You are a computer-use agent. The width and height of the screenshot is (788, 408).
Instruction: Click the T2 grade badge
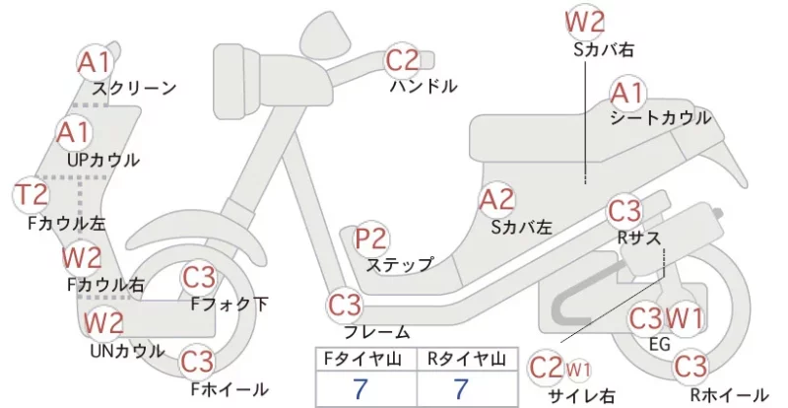coord(32,195)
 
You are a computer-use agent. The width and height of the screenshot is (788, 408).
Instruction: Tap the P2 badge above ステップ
coord(372,238)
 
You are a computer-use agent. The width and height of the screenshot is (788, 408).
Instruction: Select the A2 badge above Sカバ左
coord(496,200)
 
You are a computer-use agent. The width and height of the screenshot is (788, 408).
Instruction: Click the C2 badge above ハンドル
coord(402,60)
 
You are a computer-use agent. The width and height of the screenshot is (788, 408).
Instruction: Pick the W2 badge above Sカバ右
coord(584,22)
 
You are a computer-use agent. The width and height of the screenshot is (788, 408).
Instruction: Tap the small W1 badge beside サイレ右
coord(578,371)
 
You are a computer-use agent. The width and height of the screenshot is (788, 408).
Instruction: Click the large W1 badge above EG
coord(685,318)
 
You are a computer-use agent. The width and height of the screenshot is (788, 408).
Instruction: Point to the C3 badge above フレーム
coord(345,306)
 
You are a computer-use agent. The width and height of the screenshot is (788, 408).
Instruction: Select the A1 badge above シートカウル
coord(628,94)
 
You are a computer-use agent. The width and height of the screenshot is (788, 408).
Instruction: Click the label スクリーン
coord(134,88)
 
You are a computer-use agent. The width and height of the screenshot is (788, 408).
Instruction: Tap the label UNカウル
coord(127,351)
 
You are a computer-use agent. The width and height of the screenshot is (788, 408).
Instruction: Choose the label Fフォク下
coord(230,304)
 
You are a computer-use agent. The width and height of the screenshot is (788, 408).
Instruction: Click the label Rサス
coord(638,238)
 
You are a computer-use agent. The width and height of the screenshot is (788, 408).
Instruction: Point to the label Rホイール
coord(729,395)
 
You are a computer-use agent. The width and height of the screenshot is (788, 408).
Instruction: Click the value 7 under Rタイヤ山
coord(461,389)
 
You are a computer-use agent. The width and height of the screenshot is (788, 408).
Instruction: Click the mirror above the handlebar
coord(326,32)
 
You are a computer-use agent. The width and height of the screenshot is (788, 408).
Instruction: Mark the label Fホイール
coord(230,389)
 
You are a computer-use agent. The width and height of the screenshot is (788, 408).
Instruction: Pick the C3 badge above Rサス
coord(624,211)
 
